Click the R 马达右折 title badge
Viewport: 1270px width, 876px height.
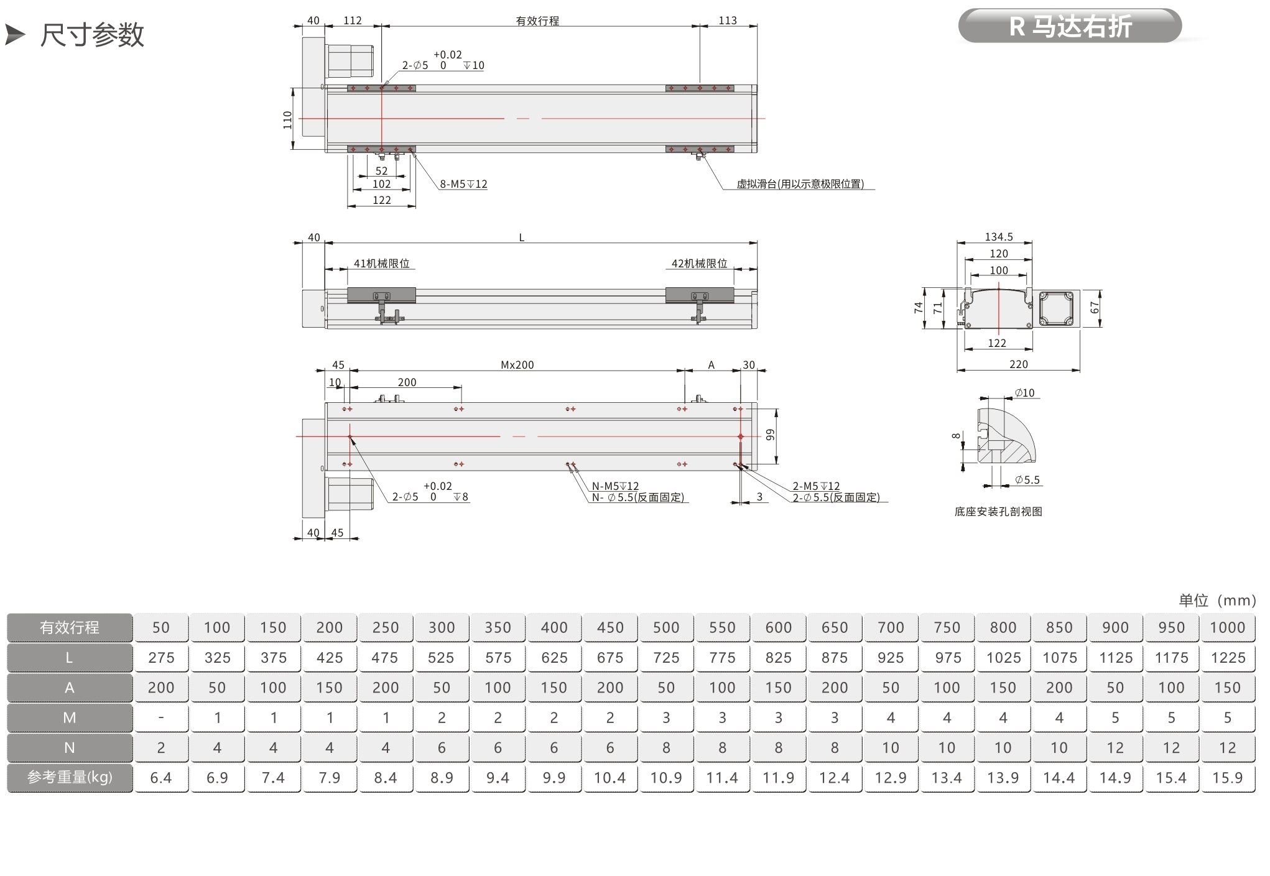pyautogui.click(x=1070, y=26)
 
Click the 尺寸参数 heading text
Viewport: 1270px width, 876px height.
pyautogui.click(x=92, y=35)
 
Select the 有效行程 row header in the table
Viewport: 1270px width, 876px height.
pyautogui.click(x=70, y=627)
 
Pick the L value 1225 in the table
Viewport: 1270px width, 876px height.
pyautogui.click(x=1228, y=658)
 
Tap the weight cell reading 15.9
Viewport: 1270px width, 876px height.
pyautogui.click(x=1228, y=778)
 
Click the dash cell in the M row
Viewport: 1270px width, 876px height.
pyautogui.click(x=161, y=717)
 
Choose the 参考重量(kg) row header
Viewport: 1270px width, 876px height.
pyautogui.click(x=70, y=778)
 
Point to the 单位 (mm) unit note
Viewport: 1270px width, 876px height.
pyautogui.click(x=1217, y=600)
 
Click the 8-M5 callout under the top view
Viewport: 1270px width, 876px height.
pyautogui.click(x=463, y=184)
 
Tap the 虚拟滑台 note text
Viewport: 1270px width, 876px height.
pyautogui.click(x=800, y=184)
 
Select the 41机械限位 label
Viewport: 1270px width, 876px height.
pyautogui.click(x=381, y=264)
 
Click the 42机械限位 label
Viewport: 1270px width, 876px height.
pyautogui.click(x=699, y=264)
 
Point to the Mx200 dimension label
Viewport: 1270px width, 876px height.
pyautogui.click(x=517, y=365)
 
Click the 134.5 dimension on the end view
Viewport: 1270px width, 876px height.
pyautogui.click(x=999, y=237)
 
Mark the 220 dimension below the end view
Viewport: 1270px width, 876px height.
pyautogui.click(x=1019, y=364)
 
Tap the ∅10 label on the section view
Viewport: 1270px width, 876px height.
pyautogui.click(x=1024, y=393)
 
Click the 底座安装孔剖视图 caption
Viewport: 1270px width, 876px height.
pyautogui.click(x=998, y=512)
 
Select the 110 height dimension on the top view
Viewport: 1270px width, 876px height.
pyautogui.click(x=287, y=119)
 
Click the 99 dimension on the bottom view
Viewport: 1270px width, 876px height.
pyautogui.click(x=771, y=435)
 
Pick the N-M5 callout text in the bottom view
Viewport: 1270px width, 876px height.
pyautogui.click(x=615, y=486)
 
